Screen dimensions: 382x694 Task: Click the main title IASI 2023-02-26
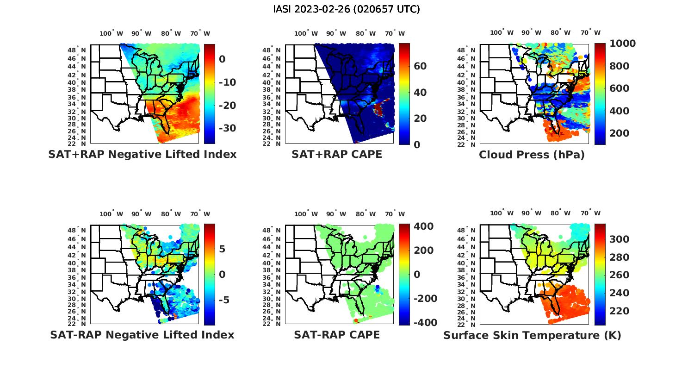pos(347,9)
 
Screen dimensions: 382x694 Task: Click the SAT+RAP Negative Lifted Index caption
pos(142,154)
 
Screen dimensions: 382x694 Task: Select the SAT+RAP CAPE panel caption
pos(337,154)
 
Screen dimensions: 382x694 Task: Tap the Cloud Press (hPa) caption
pos(532,155)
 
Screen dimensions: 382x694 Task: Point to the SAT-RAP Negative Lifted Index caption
pos(142,335)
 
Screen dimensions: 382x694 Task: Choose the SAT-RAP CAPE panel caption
pos(337,335)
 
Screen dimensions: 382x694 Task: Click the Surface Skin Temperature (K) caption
pos(532,335)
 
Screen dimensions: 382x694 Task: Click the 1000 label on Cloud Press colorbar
pos(622,44)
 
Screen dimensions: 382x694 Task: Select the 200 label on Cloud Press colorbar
pos(619,133)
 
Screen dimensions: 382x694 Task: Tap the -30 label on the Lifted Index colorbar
pos(227,128)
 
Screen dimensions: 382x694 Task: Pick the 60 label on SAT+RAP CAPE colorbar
pos(420,66)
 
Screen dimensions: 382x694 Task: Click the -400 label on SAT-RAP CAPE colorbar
pos(424,323)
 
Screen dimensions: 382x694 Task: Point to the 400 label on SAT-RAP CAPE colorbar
pos(423,226)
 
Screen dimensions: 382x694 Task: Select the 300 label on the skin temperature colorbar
pos(619,239)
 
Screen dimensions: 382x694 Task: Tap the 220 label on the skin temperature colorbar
pos(619,311)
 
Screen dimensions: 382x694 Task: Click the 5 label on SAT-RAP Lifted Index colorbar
pos(222,250)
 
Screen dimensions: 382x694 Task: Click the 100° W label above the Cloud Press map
pos(502,32)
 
